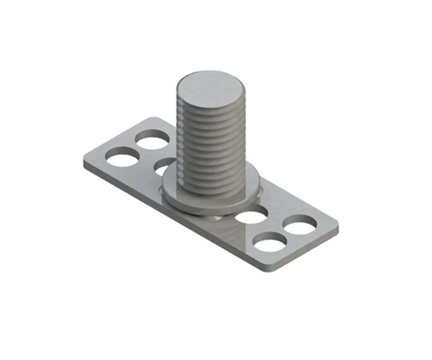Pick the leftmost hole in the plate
[x=122, y=155]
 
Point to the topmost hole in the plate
[x=153, y=139]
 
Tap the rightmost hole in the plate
[x=298, y=224]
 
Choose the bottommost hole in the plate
[x=270, y=243]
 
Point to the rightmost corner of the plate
[x=337, y=229]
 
